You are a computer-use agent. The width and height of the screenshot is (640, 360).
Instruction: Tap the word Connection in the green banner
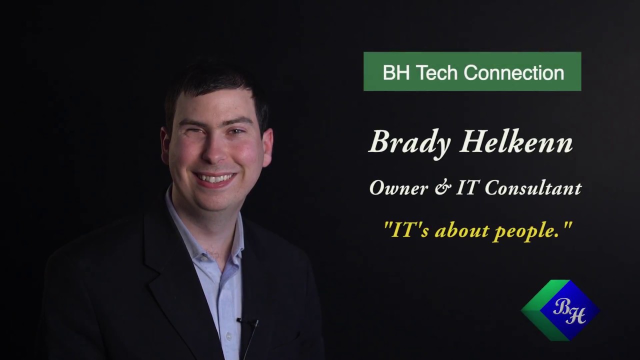click(514, 72)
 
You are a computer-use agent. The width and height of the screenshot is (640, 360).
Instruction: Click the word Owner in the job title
click(398, 188)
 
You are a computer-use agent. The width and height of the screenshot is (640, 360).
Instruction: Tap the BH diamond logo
click(560, 310)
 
